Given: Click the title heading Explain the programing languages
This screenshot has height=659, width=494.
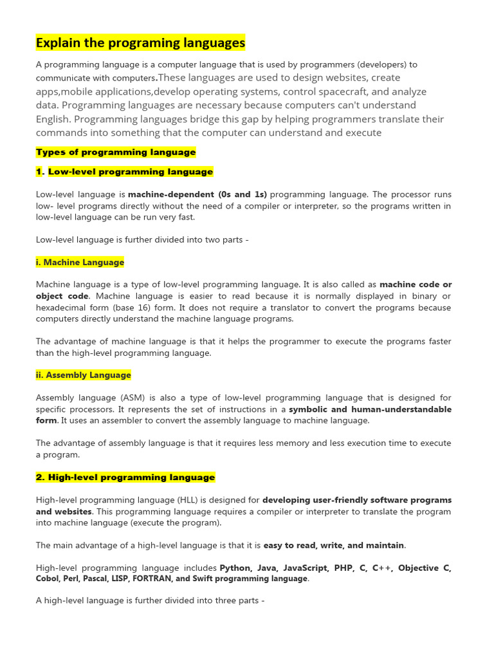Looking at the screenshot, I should click(x=140, y=43).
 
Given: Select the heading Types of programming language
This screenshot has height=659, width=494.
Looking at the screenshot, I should click(x=116, y=153).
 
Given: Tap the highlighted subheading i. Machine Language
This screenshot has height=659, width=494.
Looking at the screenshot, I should click(x=80, y=262).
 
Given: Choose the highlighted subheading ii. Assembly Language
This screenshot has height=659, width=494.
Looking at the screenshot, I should click(x=83, y=375).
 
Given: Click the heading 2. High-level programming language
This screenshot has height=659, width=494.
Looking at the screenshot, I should click(x=125, y=477).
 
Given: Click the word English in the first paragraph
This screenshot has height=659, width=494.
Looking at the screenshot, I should click(x=53, y=119).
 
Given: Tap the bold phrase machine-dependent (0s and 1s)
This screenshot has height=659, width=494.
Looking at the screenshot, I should click(x=197, y=194).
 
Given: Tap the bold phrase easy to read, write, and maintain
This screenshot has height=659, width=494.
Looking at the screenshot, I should click(x=334, y=545).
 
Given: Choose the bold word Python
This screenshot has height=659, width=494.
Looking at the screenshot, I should click(x=235, y=568).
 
